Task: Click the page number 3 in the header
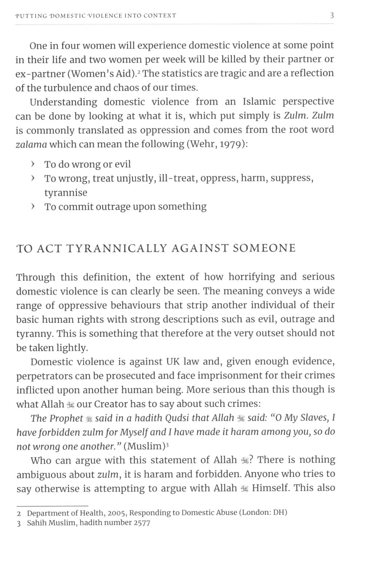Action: tap(332, 16)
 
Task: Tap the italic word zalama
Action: tap(31, 144)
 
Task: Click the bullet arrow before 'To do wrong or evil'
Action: tap(33, 164)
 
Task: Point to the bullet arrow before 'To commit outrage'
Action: tap(33, 207)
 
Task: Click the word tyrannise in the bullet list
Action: tap(66, 192)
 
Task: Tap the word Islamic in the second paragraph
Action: tap(259, 102)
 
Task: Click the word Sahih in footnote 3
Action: tap(37, 523)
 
